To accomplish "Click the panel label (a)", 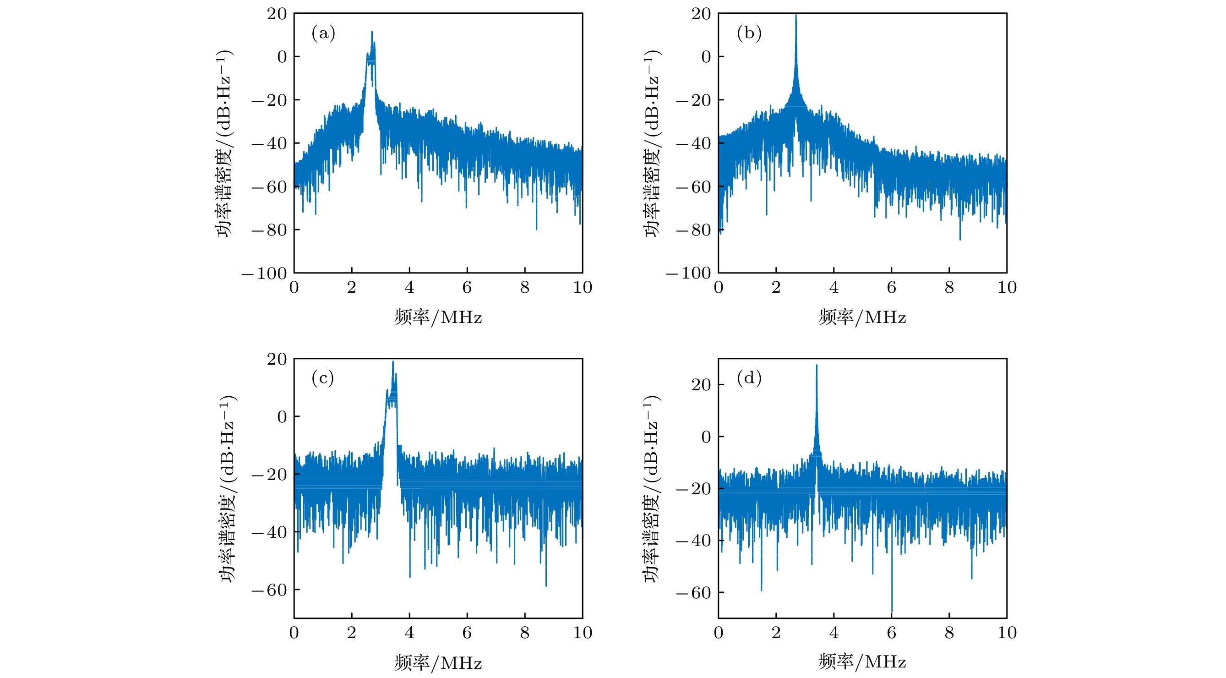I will [x=323, y=33].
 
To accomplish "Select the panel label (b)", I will [x=749, y=33].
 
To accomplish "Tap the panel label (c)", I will [x=323, y=378].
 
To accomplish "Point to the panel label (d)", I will [x=749, y=378].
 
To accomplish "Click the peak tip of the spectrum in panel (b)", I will [x=796, y=16].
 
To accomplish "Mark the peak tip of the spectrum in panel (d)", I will [x=817, y=366].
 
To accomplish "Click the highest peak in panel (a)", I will [x=372, y=32].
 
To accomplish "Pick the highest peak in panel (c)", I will [x=392, y=362].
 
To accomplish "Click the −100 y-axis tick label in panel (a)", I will [x=265, y=274].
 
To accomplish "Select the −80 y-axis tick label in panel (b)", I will [x=693, y=230].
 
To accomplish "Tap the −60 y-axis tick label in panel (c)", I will [x=269, y=591].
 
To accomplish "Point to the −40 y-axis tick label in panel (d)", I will [x=693, y=541].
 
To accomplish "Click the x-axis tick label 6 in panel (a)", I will [x=467, y=288].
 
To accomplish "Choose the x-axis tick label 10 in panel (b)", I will [x=1007, y=288].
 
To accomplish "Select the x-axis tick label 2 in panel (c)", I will [x=352, y=633].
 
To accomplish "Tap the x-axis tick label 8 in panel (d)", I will [x=949, y=633].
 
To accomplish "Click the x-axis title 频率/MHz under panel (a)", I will [x=438, y=317].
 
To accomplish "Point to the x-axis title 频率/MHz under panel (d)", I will [x=862, y=662].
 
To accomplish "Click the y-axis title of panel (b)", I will [x=652, y=143].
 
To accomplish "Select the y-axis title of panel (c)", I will [x=228, y=488].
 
